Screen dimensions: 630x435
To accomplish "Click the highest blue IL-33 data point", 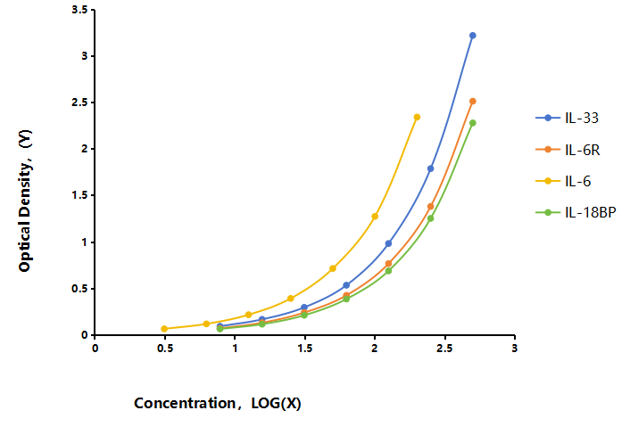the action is click(473, 36).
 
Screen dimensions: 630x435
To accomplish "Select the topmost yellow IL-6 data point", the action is click(417, 117).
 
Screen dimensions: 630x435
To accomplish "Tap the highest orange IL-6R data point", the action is click(473, 101).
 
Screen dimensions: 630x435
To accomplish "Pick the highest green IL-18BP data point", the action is click(473, 123).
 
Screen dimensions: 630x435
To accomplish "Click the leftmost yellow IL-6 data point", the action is click(164, 329).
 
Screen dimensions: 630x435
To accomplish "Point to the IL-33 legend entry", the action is click(568, 118).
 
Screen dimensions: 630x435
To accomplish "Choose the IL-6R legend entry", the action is click(568, 150).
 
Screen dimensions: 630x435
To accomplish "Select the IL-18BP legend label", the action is click(590, 212).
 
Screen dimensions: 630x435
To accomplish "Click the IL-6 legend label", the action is click(577, 181).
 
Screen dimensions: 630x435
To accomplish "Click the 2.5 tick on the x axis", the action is click(444, 348).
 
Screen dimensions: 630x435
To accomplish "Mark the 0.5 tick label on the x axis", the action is click(165, 348).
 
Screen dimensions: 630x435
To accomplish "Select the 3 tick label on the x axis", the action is click(514, 348).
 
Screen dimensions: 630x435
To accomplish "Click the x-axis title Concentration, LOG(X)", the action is click(218, 403).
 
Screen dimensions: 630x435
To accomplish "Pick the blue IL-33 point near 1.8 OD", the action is click(430, 168).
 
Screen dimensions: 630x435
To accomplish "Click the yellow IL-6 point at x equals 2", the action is click(375, 217).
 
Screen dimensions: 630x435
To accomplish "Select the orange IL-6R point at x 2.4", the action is click(430, 206).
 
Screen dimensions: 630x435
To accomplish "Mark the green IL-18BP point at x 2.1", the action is click(388, 271).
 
